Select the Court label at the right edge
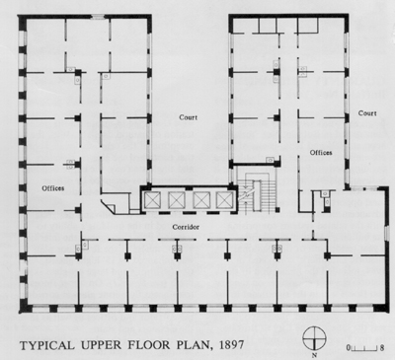(368, 111)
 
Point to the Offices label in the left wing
(54, 186)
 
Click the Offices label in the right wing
(322, 152)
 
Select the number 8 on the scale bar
(381, 346)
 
